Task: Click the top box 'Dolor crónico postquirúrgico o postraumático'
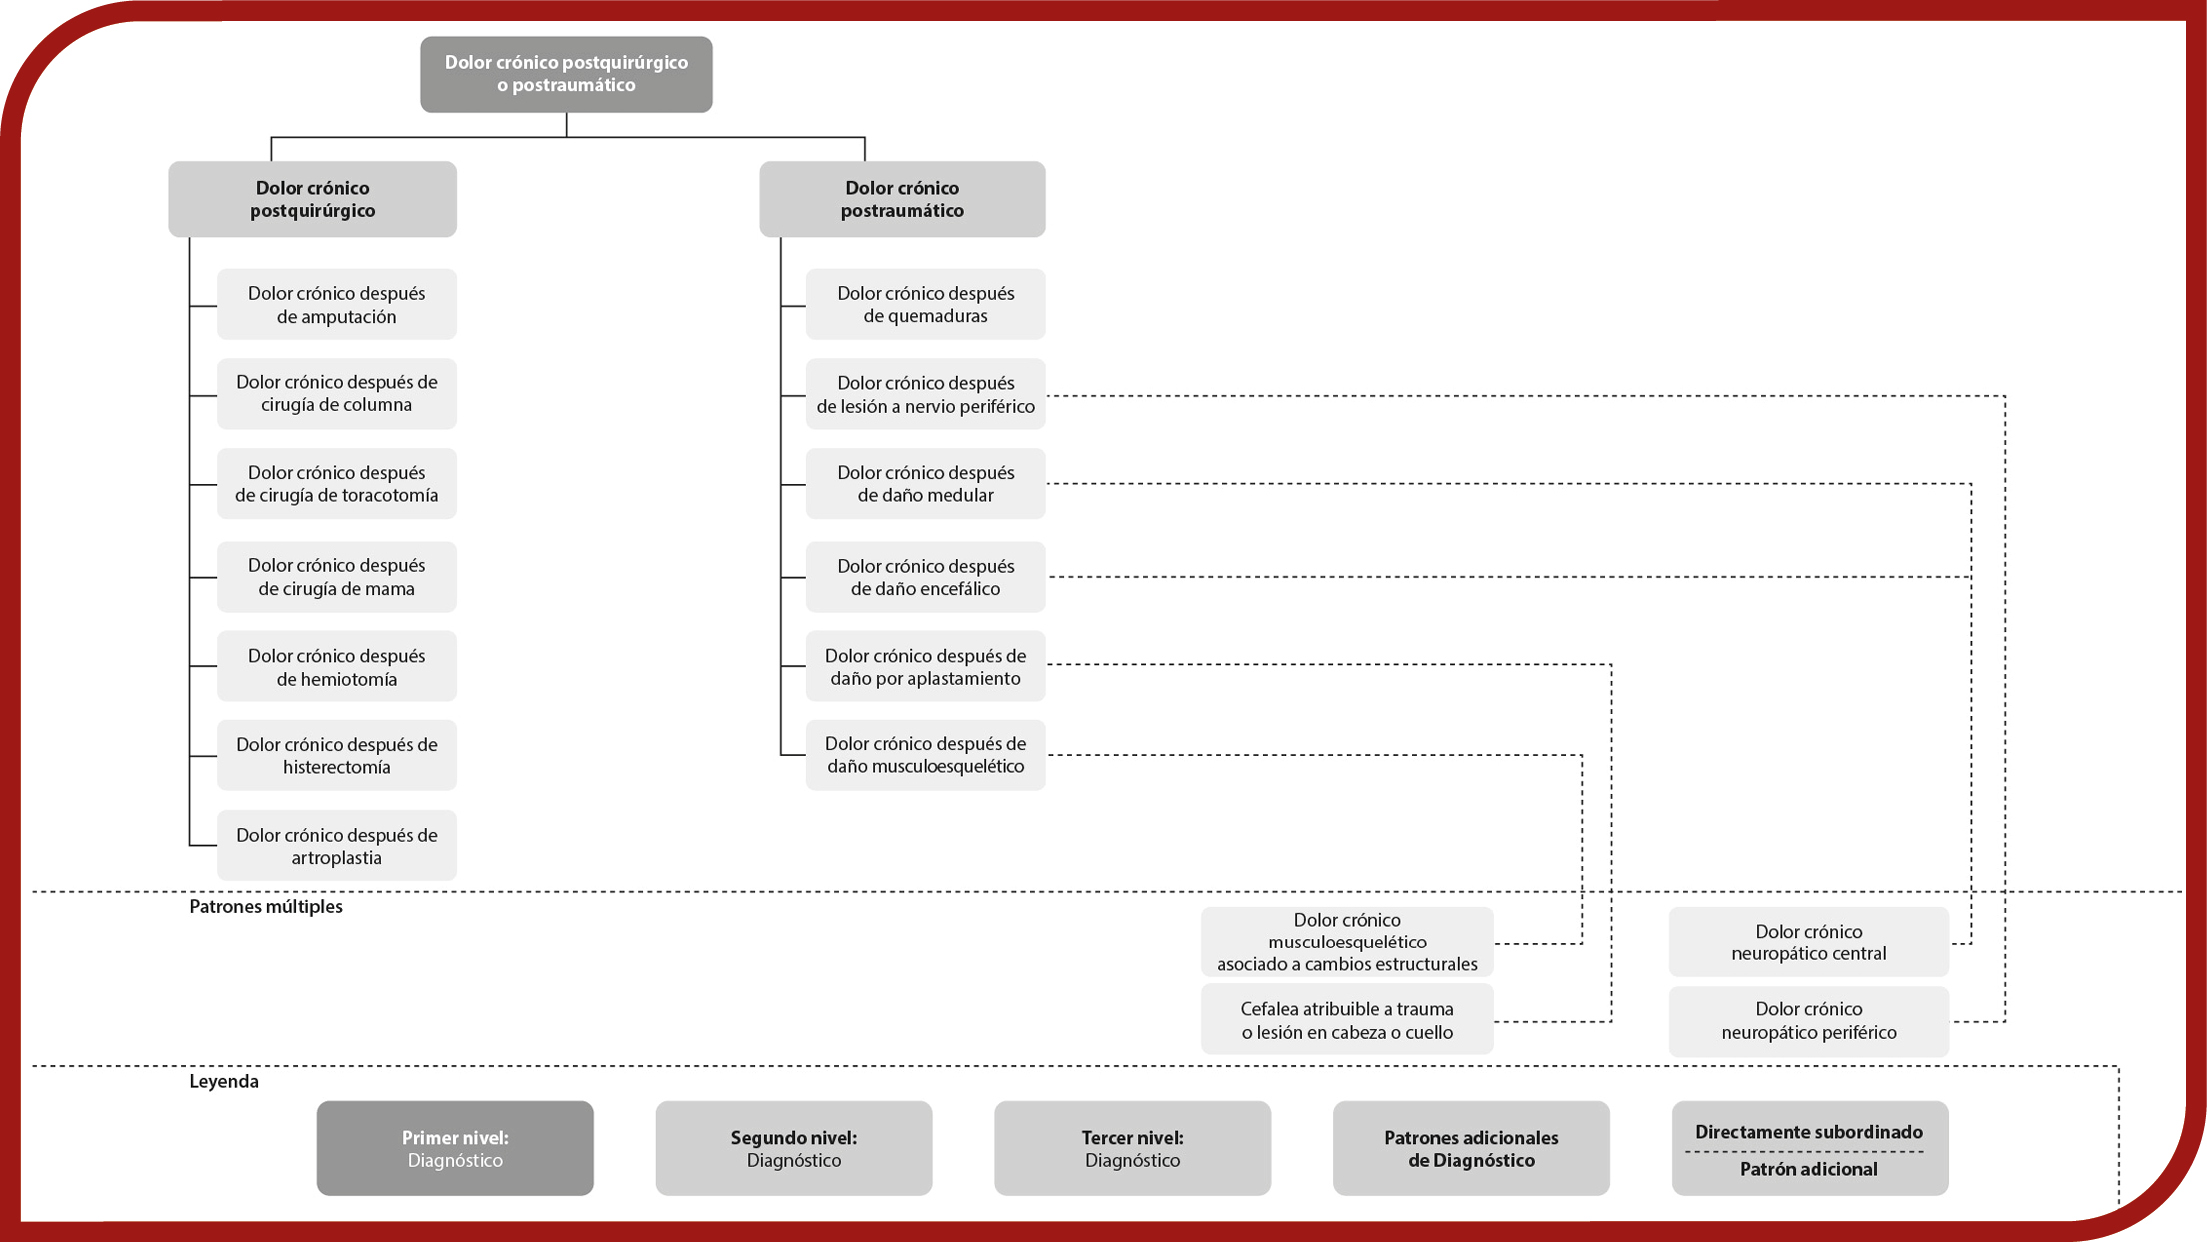click(566, 74)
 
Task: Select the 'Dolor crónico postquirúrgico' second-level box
click(312, 199)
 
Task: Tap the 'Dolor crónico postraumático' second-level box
click(902, 199)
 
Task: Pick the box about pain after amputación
click(336, 304)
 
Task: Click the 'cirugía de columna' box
click(336, 393)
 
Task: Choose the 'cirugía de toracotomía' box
click(336, 483)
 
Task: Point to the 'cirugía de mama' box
click(336, 577)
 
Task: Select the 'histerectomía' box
click(336, 755)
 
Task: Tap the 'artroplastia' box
click(336, 845)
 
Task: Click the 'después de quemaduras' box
click(925, 304)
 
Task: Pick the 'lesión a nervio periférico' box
click(925, 394)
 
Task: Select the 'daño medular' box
click(925, 483)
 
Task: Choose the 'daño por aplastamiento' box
click(925, 666)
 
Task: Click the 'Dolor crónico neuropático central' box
click(1808, 942)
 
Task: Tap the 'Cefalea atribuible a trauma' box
click(1347, 1020)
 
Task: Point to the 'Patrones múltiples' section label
click(266, 906)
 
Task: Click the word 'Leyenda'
click(224, 1081)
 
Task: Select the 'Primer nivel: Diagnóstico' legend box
click(455, 1148)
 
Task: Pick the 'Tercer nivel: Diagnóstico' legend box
click(1132, 1148)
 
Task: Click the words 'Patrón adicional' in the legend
click(1808, 1169)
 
